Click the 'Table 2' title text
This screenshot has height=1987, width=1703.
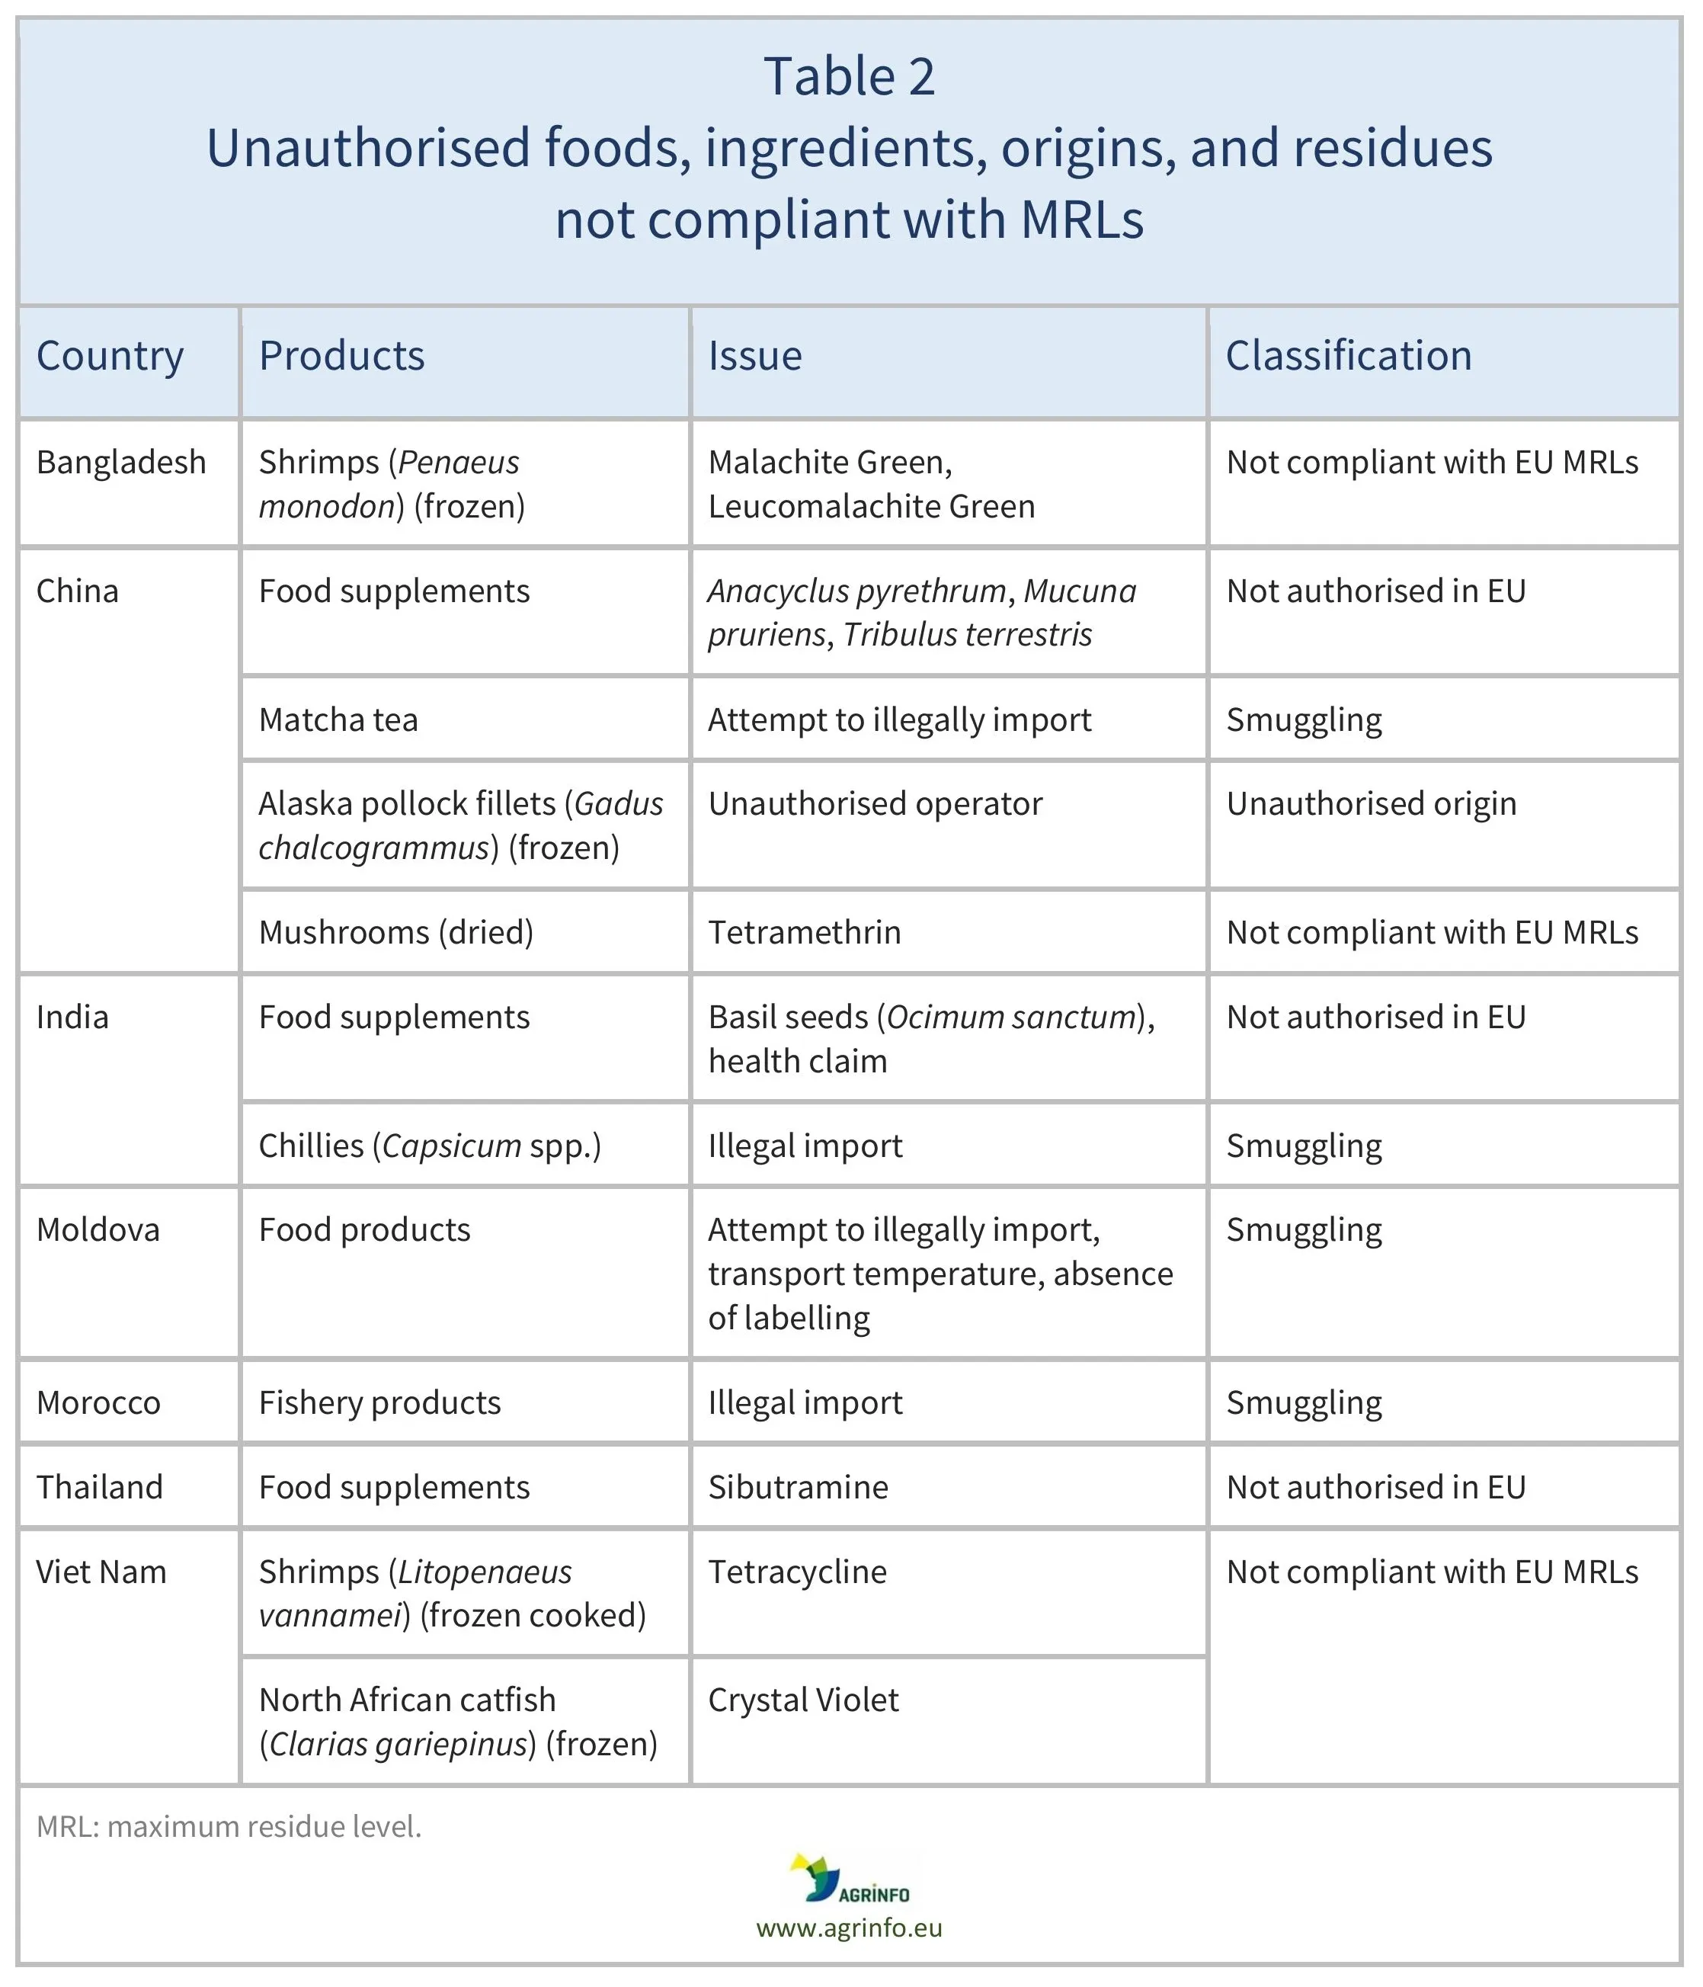pos(850,77)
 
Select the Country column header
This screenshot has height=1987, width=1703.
pos(110,357)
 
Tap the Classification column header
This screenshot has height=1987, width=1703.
pos(1348,357)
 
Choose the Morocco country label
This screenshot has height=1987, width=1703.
pos(99,1403)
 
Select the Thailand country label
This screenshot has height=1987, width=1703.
pos(100,1487)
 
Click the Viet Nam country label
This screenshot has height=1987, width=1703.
pos(101,1572)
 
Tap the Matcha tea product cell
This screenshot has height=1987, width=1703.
pos(338,720)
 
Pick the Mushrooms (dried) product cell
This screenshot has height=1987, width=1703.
pos(396,932)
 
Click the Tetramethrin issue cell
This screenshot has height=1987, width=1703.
pos(805,932)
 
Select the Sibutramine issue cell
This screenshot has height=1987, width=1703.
pos(798,1487)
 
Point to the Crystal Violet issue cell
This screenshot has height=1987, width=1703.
pos(804,1700)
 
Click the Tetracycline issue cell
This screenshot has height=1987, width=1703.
pos(798,1572)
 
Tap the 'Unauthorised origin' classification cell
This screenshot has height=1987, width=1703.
pos(1372,803)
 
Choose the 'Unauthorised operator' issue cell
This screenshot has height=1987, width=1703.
pos(875,803)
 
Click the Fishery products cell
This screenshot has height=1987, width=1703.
pos(379,1403)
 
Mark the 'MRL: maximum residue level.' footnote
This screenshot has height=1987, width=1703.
pos(229,1827)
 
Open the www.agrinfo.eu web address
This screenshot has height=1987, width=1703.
pos(850,1928)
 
